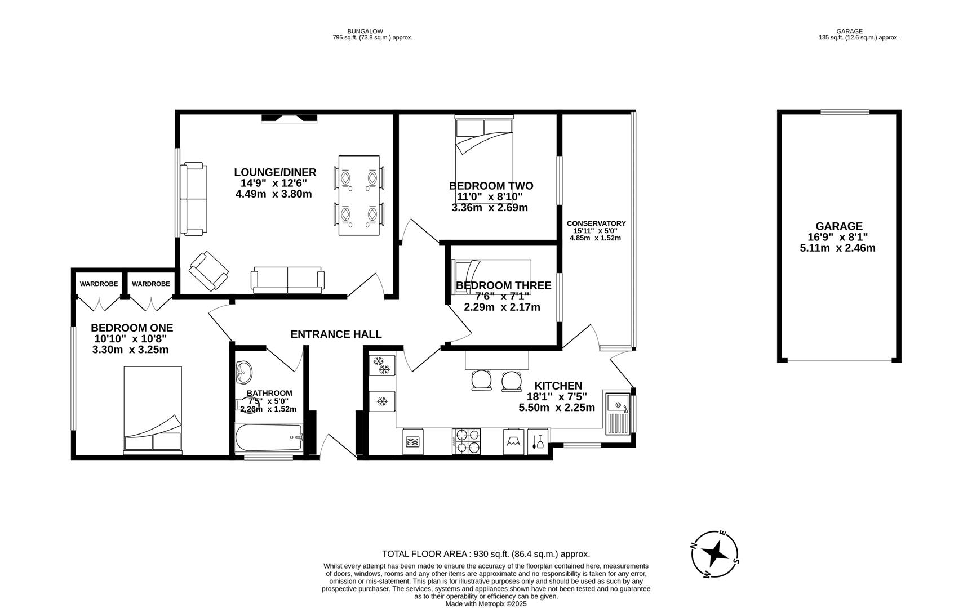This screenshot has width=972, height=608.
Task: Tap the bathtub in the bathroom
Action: (269, 439)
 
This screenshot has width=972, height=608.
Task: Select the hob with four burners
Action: (467, 441)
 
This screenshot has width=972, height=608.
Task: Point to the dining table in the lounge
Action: (359, 195)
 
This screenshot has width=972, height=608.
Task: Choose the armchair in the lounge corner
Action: (208, 271)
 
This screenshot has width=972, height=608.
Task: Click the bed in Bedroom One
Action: (153, 410)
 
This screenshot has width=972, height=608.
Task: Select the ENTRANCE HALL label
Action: (336, 334)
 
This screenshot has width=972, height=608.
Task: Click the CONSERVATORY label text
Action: (596, 223)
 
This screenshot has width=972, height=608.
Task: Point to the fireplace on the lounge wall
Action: (289, 118)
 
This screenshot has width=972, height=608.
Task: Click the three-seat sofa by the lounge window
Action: (193, 199)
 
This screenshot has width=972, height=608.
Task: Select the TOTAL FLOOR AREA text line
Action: (486, 554)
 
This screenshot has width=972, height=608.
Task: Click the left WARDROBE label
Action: (99, 284)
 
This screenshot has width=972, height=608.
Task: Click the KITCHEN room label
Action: (558, 386)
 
